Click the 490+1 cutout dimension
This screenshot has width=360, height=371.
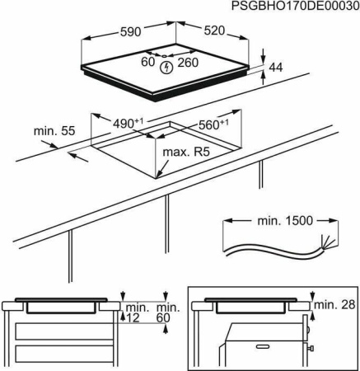coord(128,122)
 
